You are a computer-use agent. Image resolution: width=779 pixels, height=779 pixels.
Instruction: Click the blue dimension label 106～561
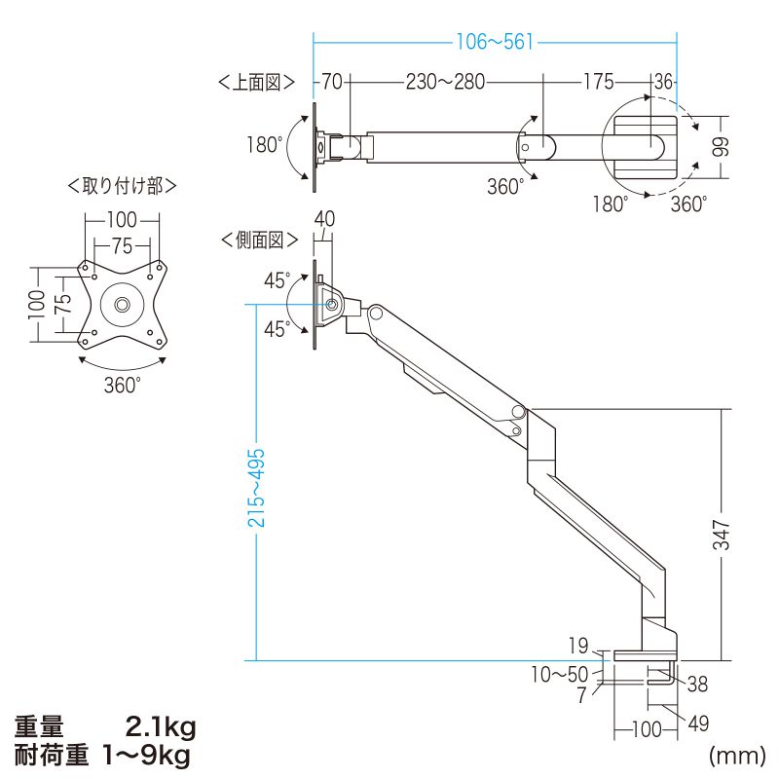496,42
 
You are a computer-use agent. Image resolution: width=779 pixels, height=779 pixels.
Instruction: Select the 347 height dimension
722,534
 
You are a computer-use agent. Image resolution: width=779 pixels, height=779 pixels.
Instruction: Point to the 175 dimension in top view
599,83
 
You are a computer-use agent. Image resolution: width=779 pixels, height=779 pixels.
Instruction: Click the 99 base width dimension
721,147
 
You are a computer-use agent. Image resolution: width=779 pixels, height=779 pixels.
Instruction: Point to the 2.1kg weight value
162,726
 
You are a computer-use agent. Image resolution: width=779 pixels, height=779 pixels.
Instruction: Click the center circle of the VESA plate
123,303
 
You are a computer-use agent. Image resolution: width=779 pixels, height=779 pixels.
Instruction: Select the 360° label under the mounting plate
123,384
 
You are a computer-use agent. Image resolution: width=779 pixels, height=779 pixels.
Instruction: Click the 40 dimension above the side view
324,220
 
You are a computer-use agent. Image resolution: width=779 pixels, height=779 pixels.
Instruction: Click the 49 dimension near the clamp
698,723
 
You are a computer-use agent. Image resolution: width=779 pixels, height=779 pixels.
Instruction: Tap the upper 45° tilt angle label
277,280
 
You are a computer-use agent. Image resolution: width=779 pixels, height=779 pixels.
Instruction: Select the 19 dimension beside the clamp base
578,644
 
